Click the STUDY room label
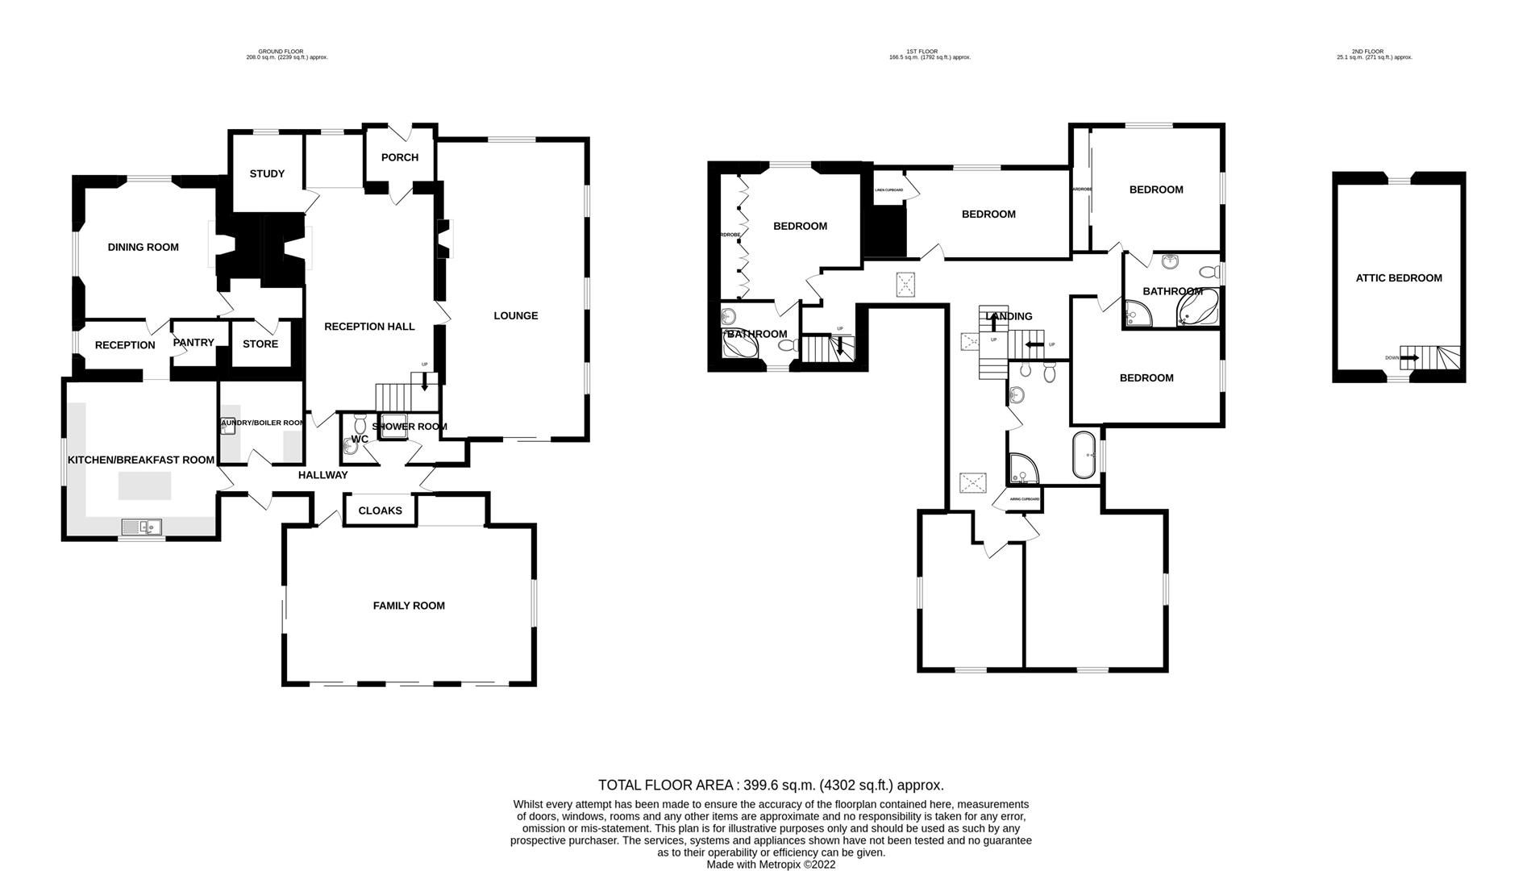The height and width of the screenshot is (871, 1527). pyautogui.click(x=267, y=173)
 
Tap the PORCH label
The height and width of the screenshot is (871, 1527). pyautogui.click(x=400, y=157)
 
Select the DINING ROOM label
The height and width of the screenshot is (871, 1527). pyautogui.click(x=144, y=248)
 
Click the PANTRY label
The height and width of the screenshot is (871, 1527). pyautogui.click(x=193, y=343)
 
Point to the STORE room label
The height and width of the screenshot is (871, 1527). pyautogui.click(x=260, y=344)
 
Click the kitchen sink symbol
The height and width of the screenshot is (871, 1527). pyautogui.click(x=142, y=527)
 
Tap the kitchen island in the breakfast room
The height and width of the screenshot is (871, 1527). pyautogui.click(x=145, y=486)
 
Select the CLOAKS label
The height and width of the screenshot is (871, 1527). pyautogui.click(x=380, y=511)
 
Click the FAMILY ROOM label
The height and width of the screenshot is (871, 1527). pyautogui.click(x=409, y=606)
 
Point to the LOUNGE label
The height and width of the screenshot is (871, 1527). pyautogui.click(x=516, y=316)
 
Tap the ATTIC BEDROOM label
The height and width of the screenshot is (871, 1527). pyautogui.click(x=1399, y=278)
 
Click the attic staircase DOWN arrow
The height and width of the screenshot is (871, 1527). pyautogui.click(x=1409, y=357)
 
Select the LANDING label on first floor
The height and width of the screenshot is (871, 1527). pyautogui.click(x=1009, y=317)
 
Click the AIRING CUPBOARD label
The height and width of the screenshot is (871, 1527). pyautogui.click(x=1025, y=499)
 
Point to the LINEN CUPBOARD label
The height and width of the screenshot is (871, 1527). pyautogui.click(x=889, y=190)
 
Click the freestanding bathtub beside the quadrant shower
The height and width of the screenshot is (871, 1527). pyautogui.click(x=1084, y=456)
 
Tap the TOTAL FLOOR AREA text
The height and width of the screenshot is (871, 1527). pyautogui.click(x=771, y=785)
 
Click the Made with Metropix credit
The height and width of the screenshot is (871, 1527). pyautogui.click(x=771, y=865)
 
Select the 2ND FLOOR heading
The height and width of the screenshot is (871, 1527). pyautogui.click(x=1367, y=52)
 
